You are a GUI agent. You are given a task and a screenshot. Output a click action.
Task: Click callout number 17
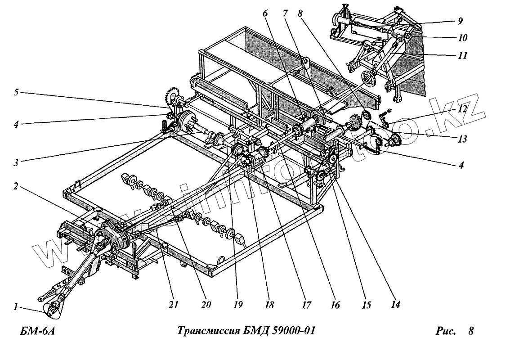click(306, 305)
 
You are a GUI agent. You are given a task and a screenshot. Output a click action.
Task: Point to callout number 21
click(174, 305)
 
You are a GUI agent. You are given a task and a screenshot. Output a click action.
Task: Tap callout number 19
click(238, 305)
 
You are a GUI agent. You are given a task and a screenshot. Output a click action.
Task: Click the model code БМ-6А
click(37, 332)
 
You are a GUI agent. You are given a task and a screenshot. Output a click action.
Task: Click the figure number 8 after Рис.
click(470, 332)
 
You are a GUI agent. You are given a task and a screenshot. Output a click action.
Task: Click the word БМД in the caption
click(249, 331)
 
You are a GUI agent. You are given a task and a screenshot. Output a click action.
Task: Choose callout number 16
click(335, 305)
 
